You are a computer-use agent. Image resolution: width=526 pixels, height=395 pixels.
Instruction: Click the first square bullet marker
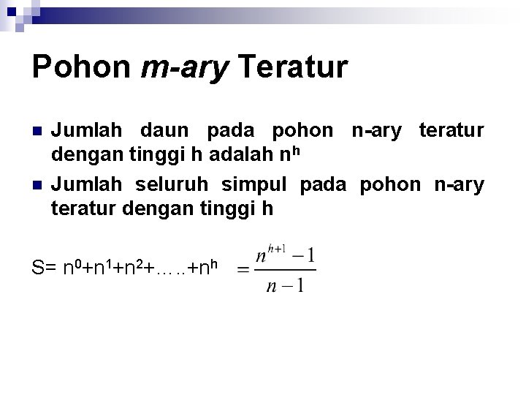click(38, 132)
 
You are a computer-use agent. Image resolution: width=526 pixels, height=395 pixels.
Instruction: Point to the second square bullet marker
click(38, 185)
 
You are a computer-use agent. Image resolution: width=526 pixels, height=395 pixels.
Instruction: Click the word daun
click(164, 132)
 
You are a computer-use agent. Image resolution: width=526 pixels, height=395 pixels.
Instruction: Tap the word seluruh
click(172, 184)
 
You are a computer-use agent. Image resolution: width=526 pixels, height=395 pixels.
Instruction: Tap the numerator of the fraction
click(285, 257)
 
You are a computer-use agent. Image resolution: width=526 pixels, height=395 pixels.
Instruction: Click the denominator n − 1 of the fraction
click(286, 285)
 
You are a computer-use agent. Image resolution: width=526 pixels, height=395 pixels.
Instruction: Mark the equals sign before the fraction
click(242, 270)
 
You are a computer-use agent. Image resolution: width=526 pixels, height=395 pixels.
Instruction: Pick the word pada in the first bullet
click(231, 132)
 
